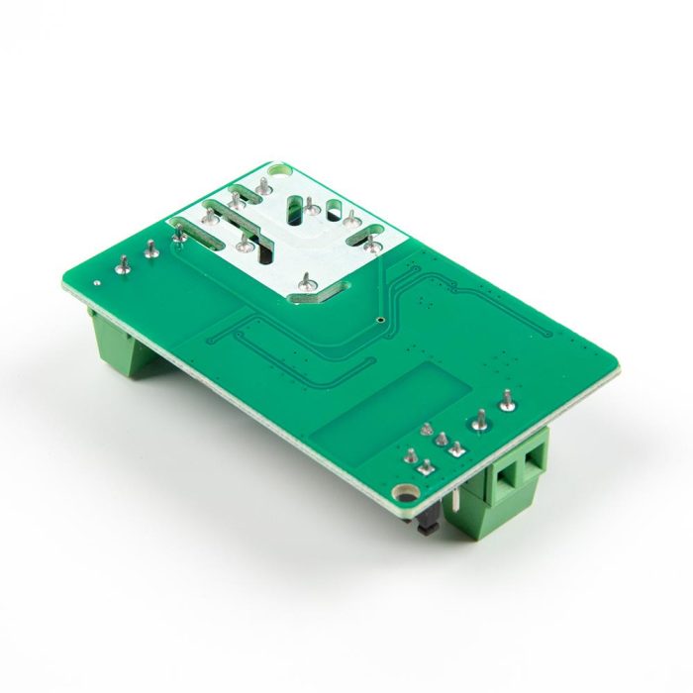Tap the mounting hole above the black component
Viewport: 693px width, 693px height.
[x=401, y=492]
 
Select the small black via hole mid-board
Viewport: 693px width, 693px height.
[x=381, y=320]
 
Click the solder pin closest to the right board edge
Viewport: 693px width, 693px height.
[x=507, y=400]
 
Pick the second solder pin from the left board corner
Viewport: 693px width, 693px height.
[x=150, y=248]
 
